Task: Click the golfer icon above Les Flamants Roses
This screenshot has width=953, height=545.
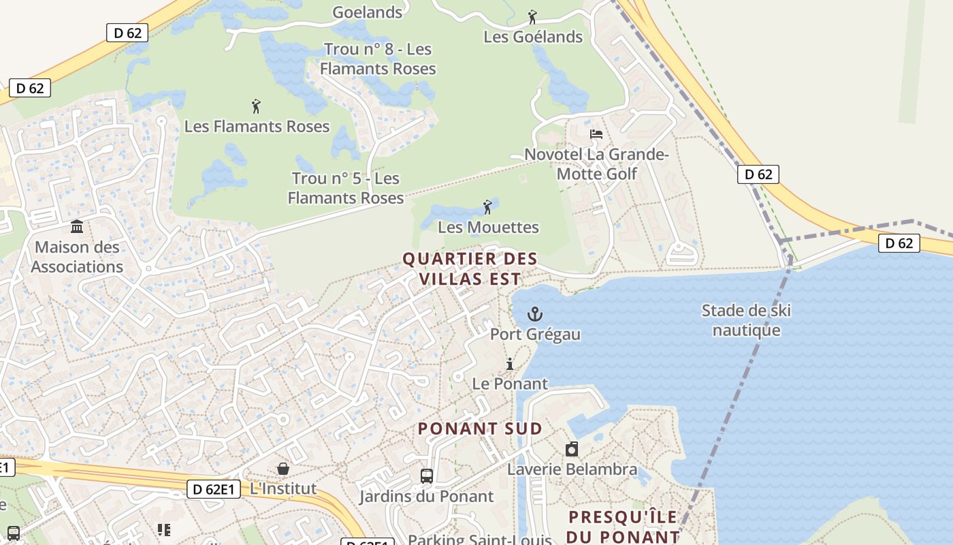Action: click(256, 106)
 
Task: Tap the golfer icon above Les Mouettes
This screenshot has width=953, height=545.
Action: click(487, 207)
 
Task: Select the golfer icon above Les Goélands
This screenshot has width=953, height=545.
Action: click(532, 17)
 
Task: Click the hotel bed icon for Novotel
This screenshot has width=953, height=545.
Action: click(596, 134)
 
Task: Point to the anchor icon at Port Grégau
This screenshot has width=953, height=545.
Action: click(535, 314)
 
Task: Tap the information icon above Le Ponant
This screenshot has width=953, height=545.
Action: click(509, 364)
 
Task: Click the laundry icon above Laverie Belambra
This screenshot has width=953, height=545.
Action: click(572, 449)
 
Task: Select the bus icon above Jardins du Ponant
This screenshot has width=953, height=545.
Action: click(427, 476)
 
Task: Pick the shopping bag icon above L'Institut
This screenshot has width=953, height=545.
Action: click(282, 469)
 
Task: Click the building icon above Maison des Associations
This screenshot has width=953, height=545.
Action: click(77, 226)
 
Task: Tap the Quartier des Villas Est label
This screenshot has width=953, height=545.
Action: click(470, 269)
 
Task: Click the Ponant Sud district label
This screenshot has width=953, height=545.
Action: click(480, 429)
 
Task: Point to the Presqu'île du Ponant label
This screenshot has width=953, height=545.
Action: click(623, 527)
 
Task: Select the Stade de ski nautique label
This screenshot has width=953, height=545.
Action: click(746, 321)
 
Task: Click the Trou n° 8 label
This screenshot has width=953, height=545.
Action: click(378, 59)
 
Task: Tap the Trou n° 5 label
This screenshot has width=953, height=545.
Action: click(346, 188)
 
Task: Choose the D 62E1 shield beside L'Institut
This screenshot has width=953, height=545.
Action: click(213, 488)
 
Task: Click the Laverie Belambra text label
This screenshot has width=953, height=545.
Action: click(572, 469)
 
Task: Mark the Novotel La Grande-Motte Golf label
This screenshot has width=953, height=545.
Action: click(597, 164)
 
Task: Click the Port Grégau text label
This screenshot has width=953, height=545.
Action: click(536, 334)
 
